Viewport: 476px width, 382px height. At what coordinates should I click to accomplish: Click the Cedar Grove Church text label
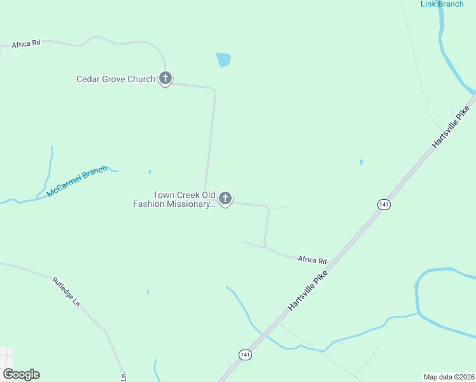click(115, 80)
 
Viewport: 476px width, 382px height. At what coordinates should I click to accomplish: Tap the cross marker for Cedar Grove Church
click(165, 79)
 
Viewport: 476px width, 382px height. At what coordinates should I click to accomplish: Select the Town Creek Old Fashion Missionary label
click(174, 199)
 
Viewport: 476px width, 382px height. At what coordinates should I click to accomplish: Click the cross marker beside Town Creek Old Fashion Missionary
click(225, 199)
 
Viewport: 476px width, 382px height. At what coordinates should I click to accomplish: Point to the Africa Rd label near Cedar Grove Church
click(26, 43)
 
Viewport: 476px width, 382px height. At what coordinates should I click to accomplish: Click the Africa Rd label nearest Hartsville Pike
click(312, 260)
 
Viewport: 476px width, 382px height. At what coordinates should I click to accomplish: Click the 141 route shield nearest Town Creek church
click(383, 204)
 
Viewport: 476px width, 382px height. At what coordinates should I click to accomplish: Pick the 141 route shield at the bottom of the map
click(246, 354)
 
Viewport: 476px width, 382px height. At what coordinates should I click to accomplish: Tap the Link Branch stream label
click(442, 4)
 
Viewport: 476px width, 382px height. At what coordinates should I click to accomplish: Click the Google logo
click(21, 374)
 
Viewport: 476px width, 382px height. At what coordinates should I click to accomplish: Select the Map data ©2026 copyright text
click(448, 376)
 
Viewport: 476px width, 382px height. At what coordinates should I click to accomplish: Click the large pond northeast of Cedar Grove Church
click(223, 60)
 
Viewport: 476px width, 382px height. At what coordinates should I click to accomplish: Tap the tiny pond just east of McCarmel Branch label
click(150, 171)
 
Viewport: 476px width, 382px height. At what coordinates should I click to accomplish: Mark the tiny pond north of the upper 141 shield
click(361, 162)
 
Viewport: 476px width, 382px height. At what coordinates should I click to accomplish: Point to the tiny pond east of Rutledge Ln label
click(148, 292)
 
